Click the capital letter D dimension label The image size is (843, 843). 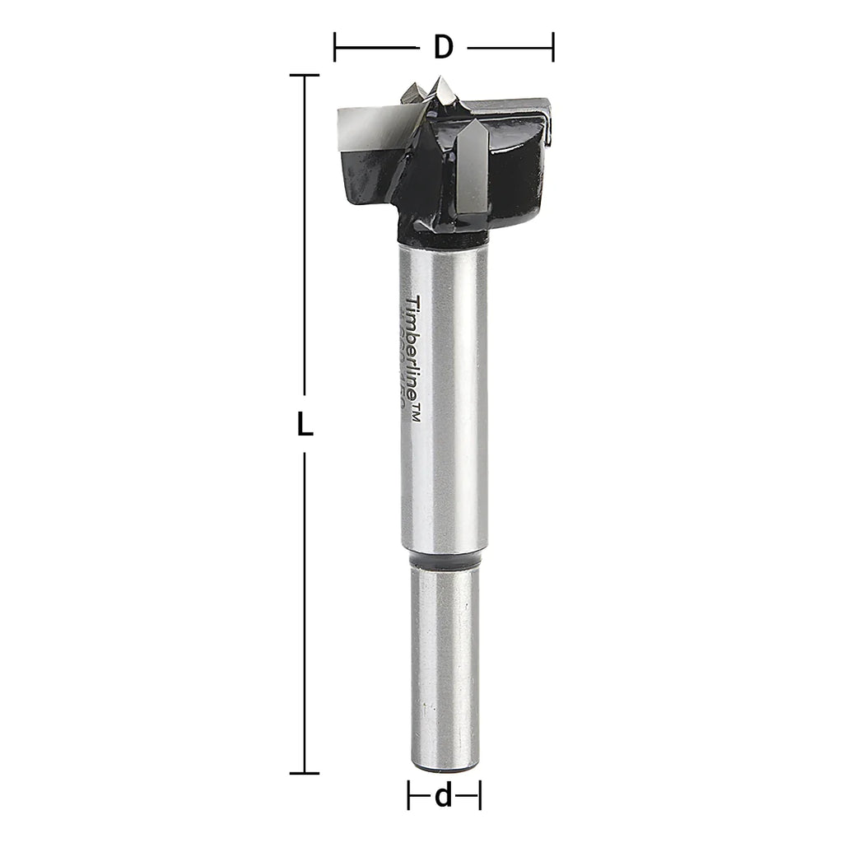click(x=444, y=48)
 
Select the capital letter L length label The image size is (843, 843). click(x=305, y=425)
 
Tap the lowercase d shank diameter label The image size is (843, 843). click(x=444, y=796)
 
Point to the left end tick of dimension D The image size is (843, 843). click(x=335, y=48)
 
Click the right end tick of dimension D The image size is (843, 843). click(x=553, y=48)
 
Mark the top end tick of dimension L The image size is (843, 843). click(x=305, y=76)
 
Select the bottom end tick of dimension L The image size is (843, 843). click(x=305, y=773)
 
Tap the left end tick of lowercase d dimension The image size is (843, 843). click(x=409, y=796)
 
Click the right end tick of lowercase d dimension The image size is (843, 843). click(x=480, y=796)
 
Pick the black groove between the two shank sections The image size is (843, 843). click(x=445, y=560)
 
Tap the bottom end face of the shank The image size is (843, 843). click(x=445, y=768)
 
